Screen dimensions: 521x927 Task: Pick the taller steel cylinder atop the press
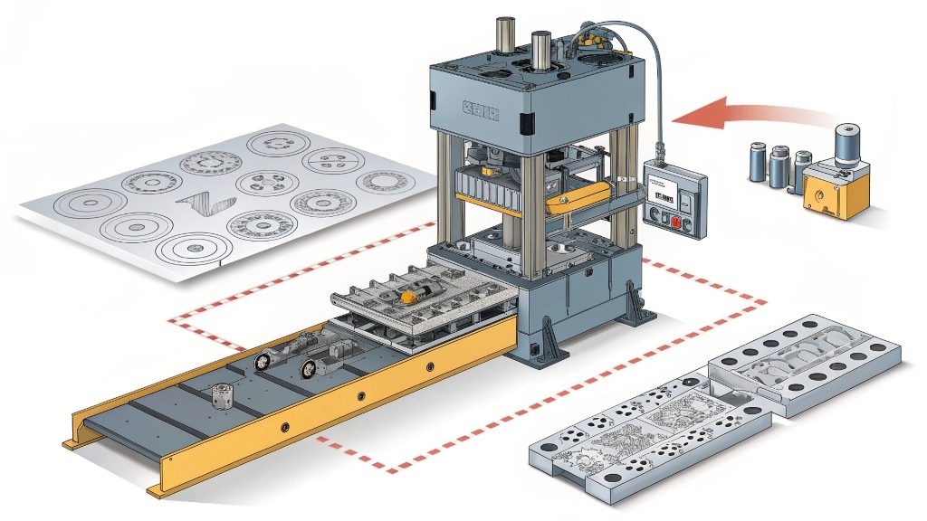(542, 52)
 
